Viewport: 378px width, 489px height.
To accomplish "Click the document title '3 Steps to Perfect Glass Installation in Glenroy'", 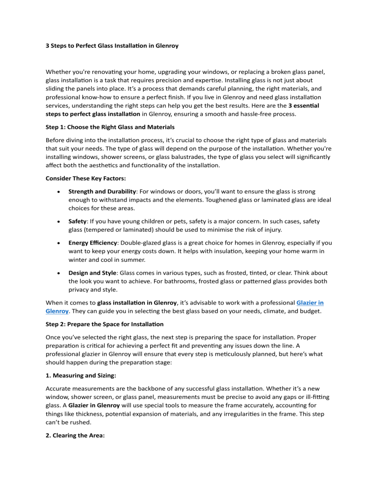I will pyautogui.click(x=109, y=46).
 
